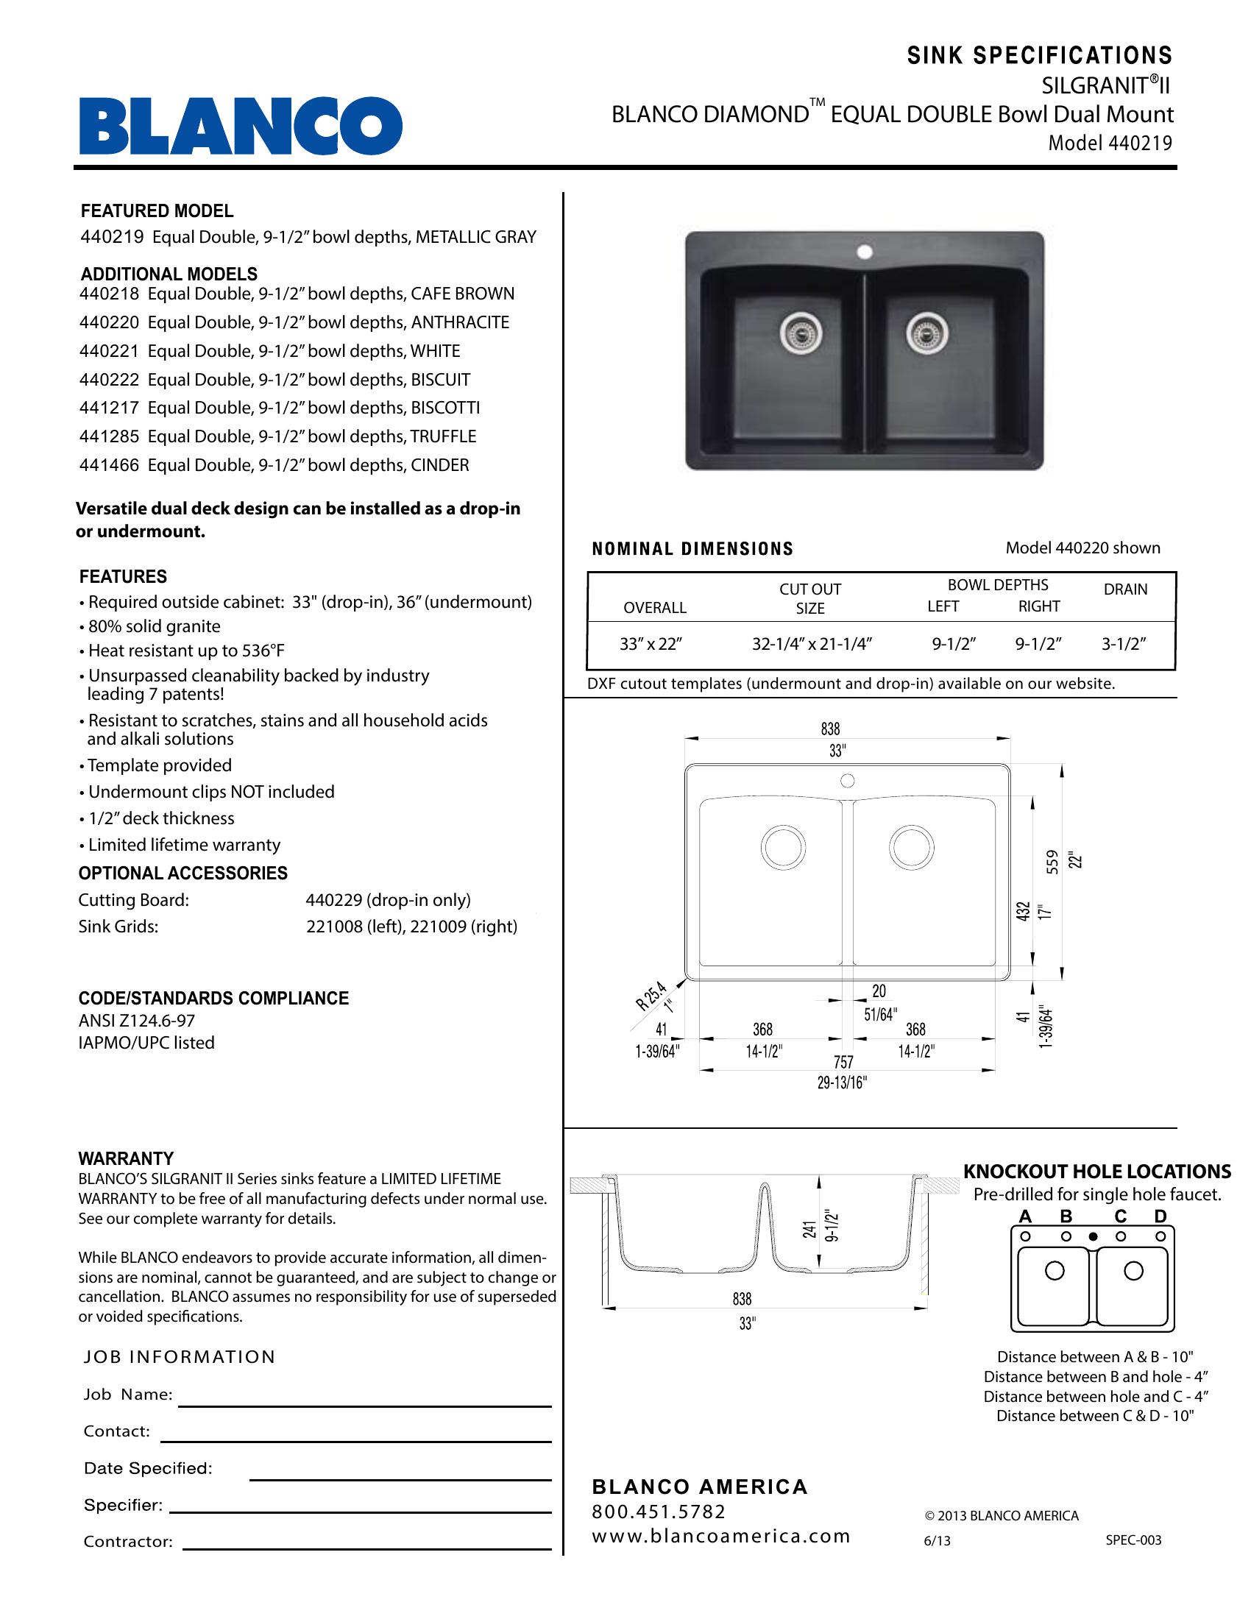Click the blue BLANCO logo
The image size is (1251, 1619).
point(241,126)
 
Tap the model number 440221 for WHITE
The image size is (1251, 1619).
point(109,351)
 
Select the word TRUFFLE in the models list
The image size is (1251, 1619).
point(443,436)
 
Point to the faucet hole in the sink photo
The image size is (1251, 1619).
point(864,252)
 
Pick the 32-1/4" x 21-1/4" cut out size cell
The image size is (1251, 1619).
point(812,644)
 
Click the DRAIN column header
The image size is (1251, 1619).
point(1125,589)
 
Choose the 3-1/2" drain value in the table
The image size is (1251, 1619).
point(1124,644)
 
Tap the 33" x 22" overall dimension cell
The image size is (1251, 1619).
point(651,644)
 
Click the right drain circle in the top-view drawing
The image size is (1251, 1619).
point(912,846)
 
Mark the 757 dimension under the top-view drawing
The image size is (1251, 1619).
point(843,1062)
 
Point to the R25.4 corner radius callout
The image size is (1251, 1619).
point(651,996)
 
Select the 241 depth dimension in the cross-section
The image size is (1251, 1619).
point(809,1230)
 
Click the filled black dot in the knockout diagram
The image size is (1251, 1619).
point(1092,1236)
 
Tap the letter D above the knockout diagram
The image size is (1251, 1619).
point(1160,1216)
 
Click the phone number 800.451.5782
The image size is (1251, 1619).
point(659,1512)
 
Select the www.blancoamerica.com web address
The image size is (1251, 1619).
point(720,1536)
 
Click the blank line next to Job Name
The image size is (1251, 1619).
point(364,1404)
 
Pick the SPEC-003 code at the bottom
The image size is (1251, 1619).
point(1133,1540)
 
